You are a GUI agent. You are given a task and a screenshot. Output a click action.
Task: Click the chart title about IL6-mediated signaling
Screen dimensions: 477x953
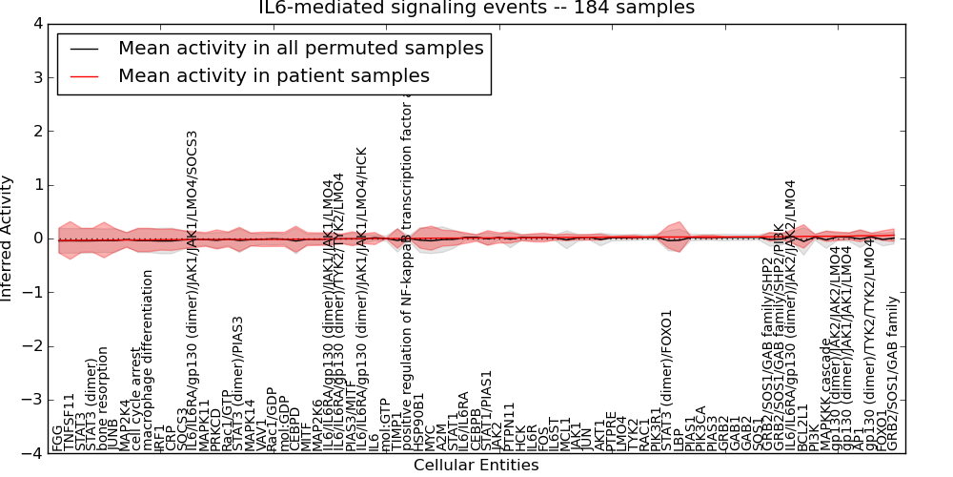[x=476, y=9]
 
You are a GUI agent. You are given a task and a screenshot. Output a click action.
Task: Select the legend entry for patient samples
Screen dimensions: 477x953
[x=274, y=75]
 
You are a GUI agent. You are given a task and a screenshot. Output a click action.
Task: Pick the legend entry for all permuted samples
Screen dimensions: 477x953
[x=300, y=48]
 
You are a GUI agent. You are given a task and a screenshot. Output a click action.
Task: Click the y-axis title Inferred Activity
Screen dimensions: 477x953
[x=9, y=238]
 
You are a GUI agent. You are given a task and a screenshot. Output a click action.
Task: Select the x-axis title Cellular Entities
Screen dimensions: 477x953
[x=476, y=466]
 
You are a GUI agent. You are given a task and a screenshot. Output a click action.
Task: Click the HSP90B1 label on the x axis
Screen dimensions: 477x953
[x=418, y=421]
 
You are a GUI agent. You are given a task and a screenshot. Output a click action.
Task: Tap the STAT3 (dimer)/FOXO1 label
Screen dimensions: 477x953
[x=667, y=381]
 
